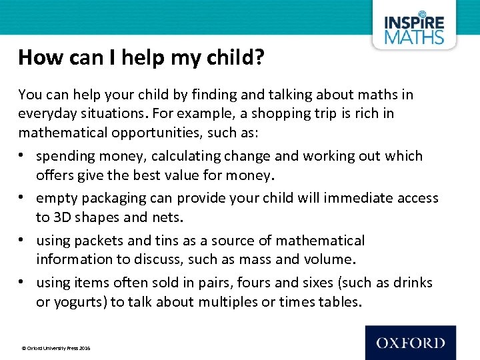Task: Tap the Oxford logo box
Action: point(411,343)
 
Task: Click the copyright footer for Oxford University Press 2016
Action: point(56,348)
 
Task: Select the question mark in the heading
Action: point(259,58)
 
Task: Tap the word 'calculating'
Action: point(189,156)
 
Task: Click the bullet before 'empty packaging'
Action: point(23,198)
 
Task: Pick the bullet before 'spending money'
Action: point(23,156)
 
